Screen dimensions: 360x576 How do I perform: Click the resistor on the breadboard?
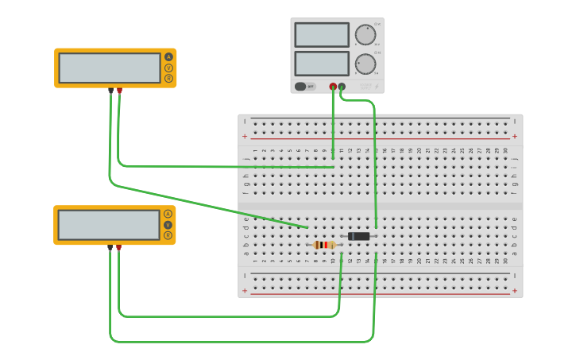tap(324, 245)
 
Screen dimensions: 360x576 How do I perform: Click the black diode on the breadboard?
tap(359, 236)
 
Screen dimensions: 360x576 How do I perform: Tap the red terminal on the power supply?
tap(333, 86)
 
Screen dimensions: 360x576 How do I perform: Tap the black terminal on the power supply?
tap(342, 86)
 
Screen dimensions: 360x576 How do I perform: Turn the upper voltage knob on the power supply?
tap(365, 34)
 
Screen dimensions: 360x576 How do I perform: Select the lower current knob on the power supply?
tap(365, 64)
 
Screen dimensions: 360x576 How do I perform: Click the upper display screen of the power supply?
tap(321, 35)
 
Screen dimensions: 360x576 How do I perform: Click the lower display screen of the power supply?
tap(321, 64)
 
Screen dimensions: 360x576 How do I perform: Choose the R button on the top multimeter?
tap(168, 78)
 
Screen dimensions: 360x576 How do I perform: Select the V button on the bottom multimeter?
tap(168, 225)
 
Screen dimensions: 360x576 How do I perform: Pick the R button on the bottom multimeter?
tap(168, 235)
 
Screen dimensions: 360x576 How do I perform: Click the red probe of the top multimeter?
tap(119, 91)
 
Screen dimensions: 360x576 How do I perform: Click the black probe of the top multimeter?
tap(110, 91)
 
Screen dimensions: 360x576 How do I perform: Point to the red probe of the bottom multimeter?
tap(118, 248)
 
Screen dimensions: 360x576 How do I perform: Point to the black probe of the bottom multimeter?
tap(110, 248)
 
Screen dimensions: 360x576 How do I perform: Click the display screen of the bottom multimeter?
tap(109, 225)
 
